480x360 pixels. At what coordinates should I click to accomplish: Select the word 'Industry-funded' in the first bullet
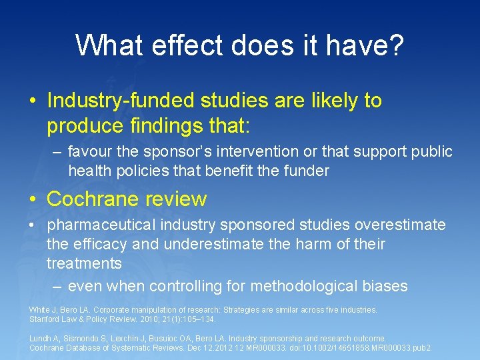pos(119,101)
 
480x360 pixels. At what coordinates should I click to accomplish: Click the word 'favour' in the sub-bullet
pos(91,151)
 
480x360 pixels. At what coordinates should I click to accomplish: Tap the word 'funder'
pos(308,171)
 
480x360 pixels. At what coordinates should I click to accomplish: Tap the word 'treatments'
pos(84,263)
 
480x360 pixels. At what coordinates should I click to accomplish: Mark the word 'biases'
pos(383,286)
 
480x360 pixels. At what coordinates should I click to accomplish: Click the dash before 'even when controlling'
pos(57,286)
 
